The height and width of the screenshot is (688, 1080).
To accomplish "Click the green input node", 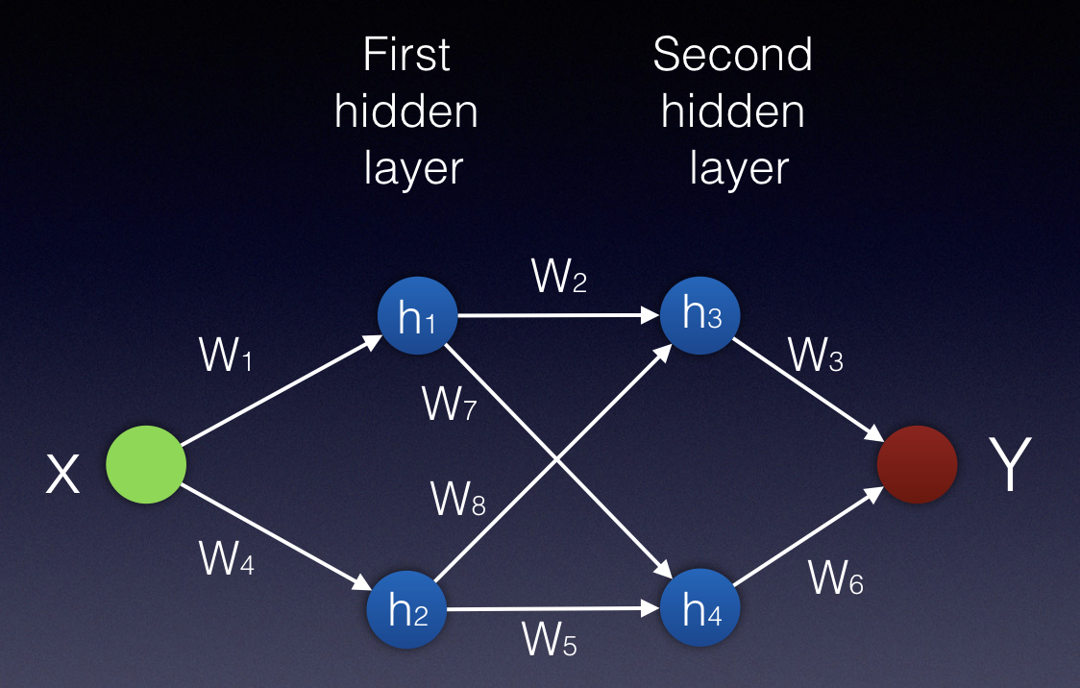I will point(146,465).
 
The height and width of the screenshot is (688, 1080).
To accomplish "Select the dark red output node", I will point(917,465).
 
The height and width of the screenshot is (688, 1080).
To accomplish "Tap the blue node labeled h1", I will point(415,316).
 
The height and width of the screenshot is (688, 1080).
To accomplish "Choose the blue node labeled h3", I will point(700,314).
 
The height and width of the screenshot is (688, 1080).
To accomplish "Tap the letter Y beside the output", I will point(1010,467).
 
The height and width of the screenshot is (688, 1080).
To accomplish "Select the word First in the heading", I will point(406,55).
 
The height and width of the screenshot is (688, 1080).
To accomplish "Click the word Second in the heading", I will point(732,55).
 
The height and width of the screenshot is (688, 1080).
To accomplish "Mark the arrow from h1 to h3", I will point(557,315).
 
